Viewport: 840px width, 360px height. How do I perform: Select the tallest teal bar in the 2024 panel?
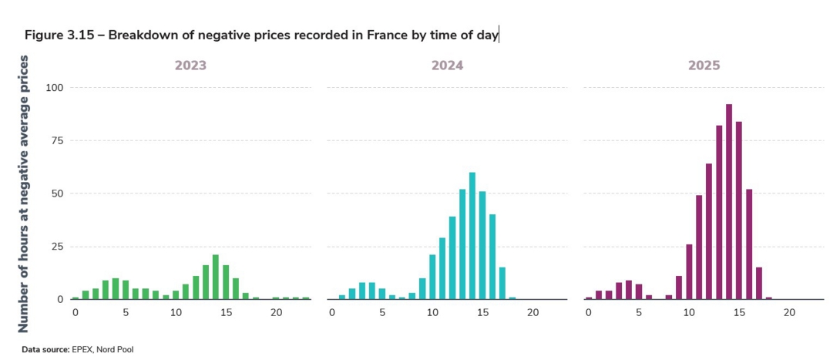pyautogui.click(x=472, y=236)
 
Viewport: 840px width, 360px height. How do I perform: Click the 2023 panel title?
pyautogui.click(x=190, y=66)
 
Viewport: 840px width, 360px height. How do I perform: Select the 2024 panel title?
pyautogui.click(x=447, y=66)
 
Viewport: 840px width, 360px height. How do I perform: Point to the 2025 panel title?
pyautogui.click(x=704, y=66)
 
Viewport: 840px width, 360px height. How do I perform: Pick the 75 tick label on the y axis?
pyautogui.click(x=56, y=140)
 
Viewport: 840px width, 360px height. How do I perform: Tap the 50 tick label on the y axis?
pyautogui.click(x=56, y=193)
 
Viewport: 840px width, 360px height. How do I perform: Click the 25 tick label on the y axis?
pyautogui.click(x=56, y=247)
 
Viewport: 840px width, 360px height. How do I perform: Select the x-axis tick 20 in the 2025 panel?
pyautogui.click(x=789, y=312)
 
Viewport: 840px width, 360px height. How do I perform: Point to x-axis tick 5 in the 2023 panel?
pyautogui.click(x=126, y=312)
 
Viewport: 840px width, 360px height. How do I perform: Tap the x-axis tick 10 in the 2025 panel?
pyautogui.click(x=689, y=312)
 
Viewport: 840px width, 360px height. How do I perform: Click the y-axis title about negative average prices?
pyautogui.click(x=24, y=193)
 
